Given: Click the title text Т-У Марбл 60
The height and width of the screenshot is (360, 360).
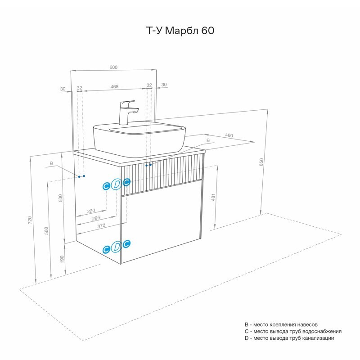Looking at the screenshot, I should pyautogui.click(x=180, y=31).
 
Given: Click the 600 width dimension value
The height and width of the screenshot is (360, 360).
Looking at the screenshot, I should pyautogui.click(x=113, y=67).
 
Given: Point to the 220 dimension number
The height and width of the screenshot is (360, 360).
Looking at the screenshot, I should pyautogui.click(x=90, y=211).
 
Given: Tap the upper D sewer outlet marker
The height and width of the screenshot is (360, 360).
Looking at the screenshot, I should pyautogui.click(x=117, y=184).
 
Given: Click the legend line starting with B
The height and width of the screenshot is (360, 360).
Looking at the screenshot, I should pyautogui.click(x=281, y=324).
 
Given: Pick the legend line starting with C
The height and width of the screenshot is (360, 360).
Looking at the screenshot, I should pyautogui.click(x=293, y=331).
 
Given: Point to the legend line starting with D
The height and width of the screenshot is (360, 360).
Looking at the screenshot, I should pyautogui.click(x=289, y=338).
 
